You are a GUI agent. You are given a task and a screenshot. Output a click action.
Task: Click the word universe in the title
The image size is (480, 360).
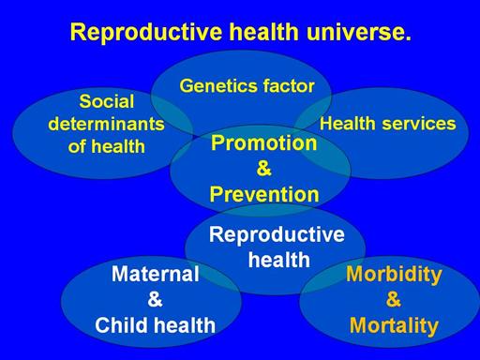359,32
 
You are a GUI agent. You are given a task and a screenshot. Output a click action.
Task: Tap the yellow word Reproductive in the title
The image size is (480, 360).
146,33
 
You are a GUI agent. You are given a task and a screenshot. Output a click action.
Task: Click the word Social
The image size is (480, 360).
107,101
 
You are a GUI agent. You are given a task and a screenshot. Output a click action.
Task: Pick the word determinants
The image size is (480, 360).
106,124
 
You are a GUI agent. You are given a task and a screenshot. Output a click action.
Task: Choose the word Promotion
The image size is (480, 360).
264,142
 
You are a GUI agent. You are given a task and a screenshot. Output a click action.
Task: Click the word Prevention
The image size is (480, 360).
264,194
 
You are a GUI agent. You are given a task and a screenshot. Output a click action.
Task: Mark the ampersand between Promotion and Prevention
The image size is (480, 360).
263,169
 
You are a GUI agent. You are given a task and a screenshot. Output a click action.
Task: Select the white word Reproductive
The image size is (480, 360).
277,234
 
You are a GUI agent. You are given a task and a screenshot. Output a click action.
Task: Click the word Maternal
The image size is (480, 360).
156,274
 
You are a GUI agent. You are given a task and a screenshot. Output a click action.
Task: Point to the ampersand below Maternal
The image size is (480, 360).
155,299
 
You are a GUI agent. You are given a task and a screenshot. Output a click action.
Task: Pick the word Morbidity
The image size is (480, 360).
394,275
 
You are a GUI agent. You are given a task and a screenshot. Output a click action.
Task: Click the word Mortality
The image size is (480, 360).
394,326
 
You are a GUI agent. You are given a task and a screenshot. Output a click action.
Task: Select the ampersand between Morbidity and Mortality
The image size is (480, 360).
394,299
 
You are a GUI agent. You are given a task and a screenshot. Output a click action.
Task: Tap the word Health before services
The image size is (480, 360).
347,124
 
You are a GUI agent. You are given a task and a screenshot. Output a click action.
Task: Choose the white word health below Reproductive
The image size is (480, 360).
279,260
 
